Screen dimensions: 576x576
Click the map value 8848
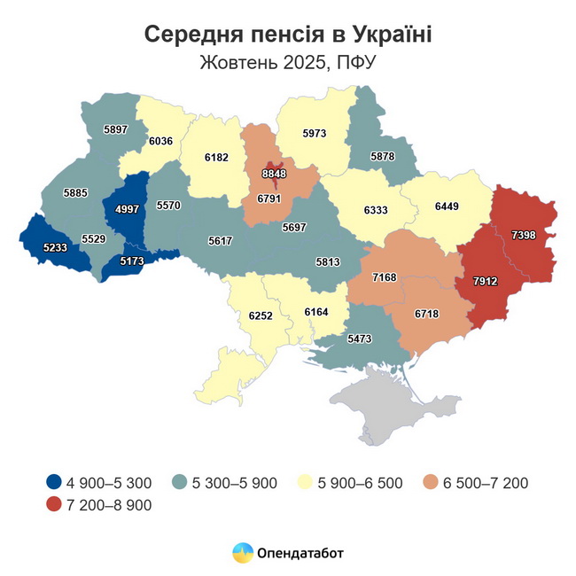coord(274,175)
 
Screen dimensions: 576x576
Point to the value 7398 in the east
coord(529,234)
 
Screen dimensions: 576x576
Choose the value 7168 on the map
coord(384,277)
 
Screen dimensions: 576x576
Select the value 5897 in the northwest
coord(116,129)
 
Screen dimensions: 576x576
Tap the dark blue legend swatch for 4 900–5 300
coord(55,483)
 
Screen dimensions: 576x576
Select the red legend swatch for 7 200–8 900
coord(55,505)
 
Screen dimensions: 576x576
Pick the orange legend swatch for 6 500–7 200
coord(431,483)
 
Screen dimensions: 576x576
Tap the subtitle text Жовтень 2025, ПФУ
coord(288,63)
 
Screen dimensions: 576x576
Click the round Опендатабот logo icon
coord(242,553)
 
